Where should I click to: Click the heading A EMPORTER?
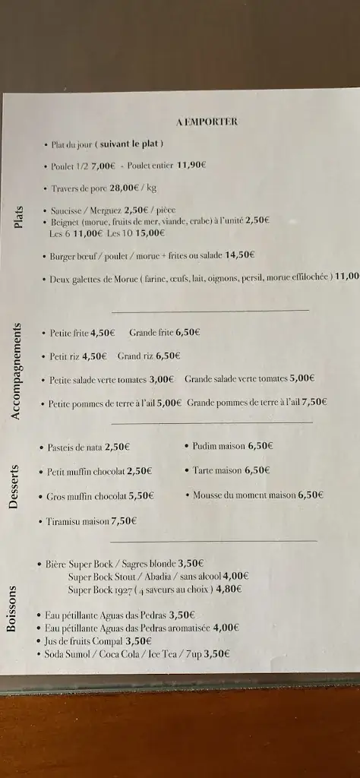coord(206,121)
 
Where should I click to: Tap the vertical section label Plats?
coord(19,217)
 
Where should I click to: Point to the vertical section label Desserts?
coord(14,486)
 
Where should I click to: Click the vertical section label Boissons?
coord(11,609)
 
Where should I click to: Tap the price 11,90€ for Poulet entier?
coord(191,165)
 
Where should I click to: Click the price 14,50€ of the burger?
coord(240,256)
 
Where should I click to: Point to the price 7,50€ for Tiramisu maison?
coord(124,521)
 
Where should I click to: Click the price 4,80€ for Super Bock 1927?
coord(229,589)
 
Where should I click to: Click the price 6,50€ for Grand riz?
coord(168,356)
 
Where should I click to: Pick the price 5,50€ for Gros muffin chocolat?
coord(141,496)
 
